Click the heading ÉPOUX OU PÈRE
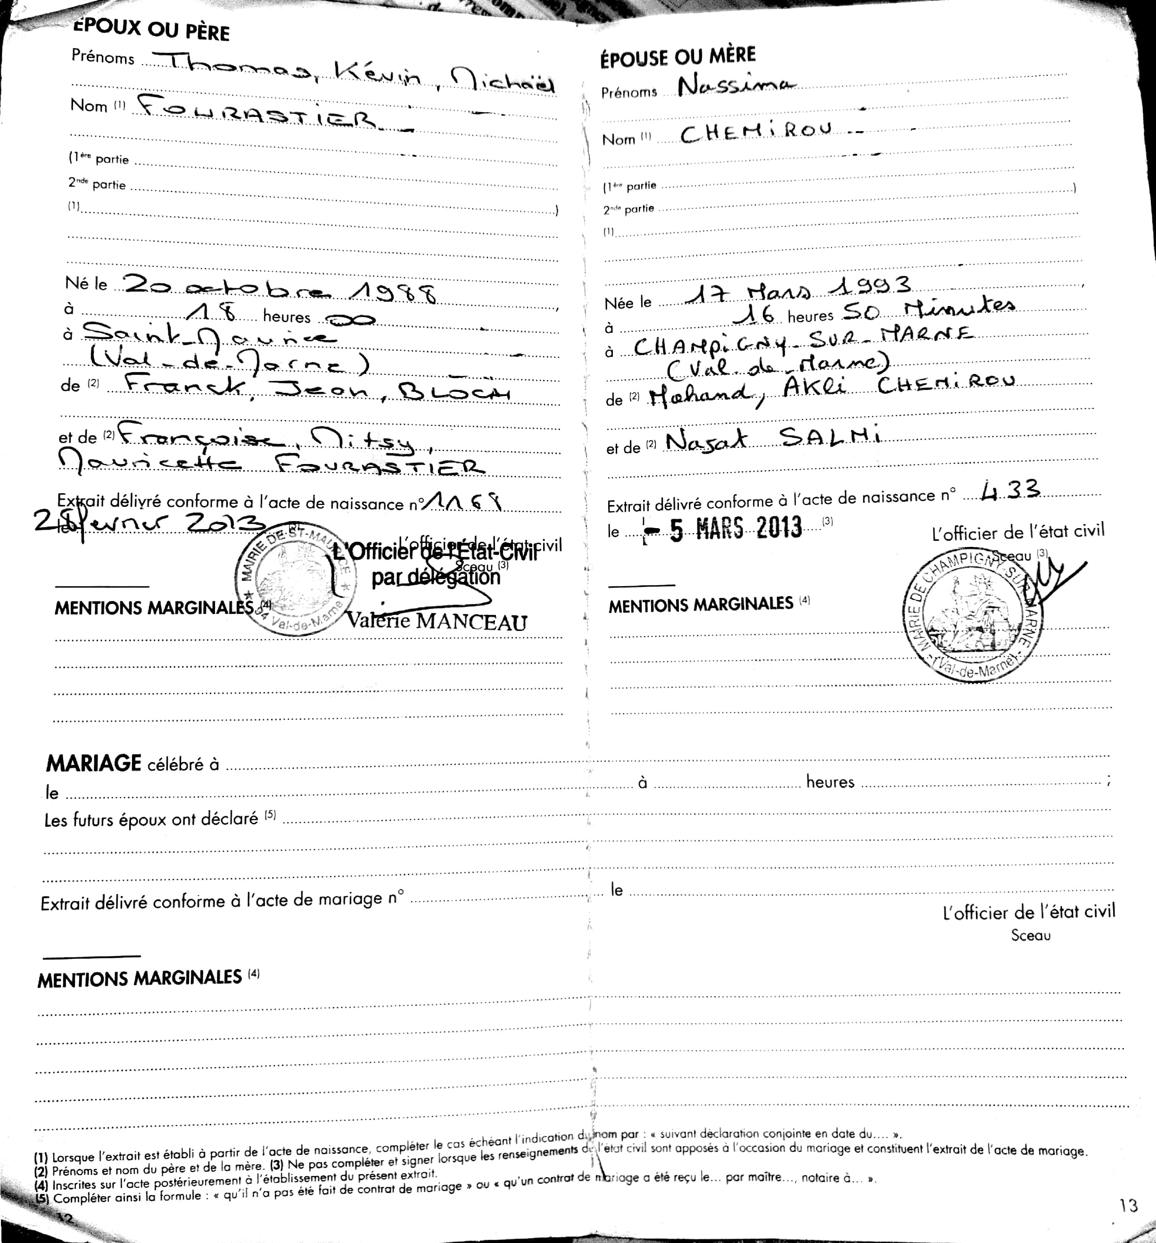152,29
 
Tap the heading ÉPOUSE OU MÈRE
678,57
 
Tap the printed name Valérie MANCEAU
437,621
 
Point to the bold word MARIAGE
94,763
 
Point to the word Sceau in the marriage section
1030,936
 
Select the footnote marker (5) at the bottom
41,1199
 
